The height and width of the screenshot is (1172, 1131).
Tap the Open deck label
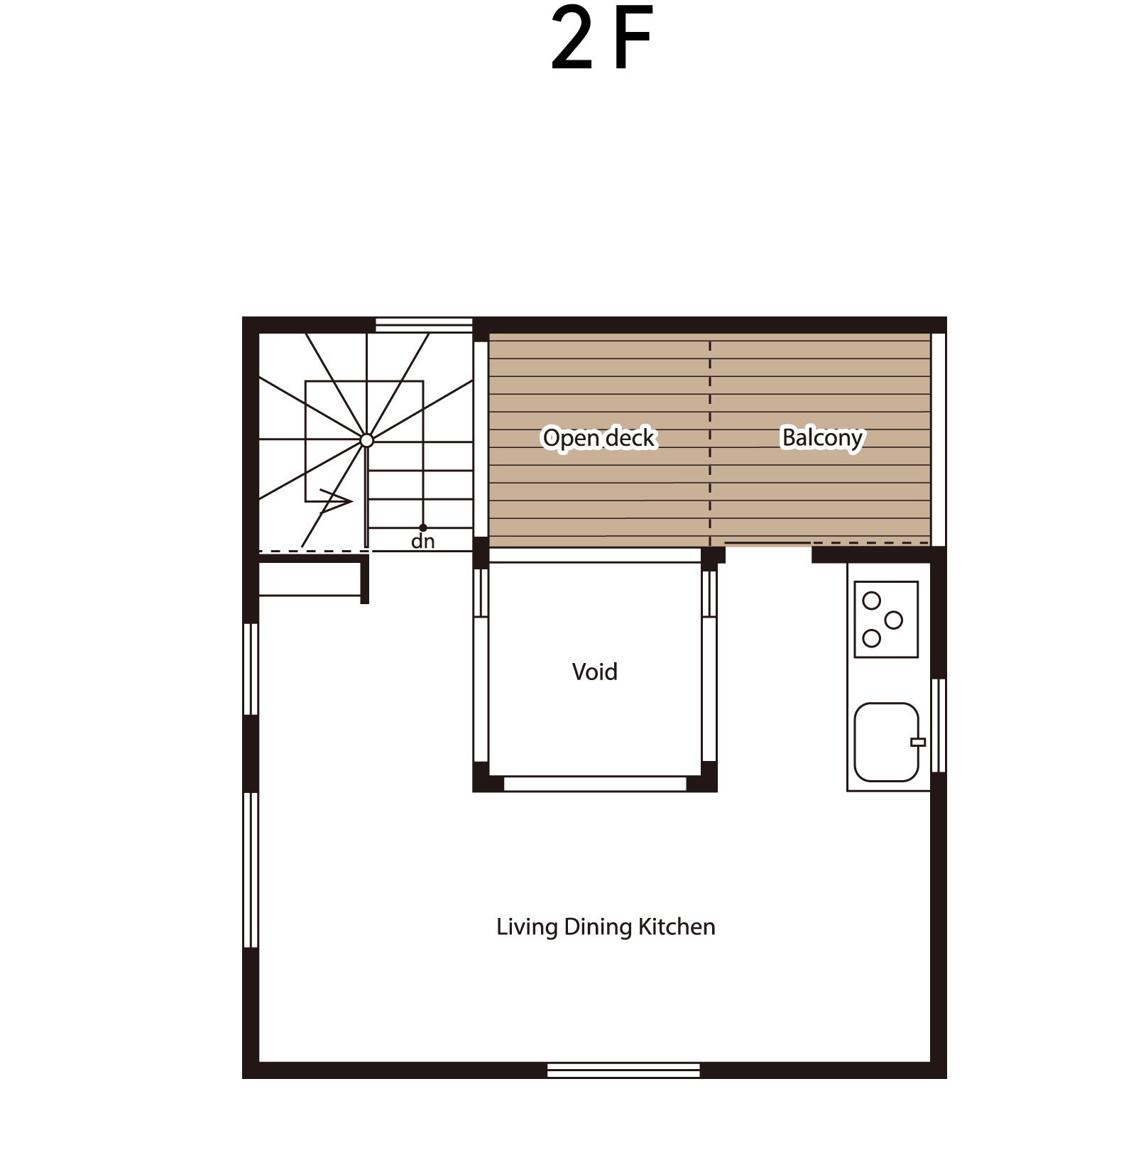(599, 438)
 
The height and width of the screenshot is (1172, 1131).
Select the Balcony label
(822, 438)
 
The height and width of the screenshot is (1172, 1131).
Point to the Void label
(594, 672)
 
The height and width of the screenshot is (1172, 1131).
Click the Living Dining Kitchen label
(606, 927)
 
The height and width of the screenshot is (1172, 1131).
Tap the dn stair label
(422, 542)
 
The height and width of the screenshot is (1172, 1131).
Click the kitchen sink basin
(886, 742)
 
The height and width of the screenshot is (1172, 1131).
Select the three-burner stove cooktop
(886, 620)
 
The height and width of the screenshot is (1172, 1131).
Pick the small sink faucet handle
(918, 743)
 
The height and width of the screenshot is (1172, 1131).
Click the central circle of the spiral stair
(366, 441)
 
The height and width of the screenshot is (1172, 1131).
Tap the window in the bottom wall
(623, 1070)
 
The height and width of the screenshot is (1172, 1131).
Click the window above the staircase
(424, 324)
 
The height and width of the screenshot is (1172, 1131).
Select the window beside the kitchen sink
(938, 725)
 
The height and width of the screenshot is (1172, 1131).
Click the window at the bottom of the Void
(595, 784)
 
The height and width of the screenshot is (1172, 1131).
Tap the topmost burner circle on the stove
(871, 601)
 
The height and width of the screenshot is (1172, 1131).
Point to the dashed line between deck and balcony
(710, 443)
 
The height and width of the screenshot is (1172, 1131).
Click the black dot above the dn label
(423, 527)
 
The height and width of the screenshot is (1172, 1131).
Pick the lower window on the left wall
(251, 870)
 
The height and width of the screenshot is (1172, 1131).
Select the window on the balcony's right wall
(938, 439)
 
